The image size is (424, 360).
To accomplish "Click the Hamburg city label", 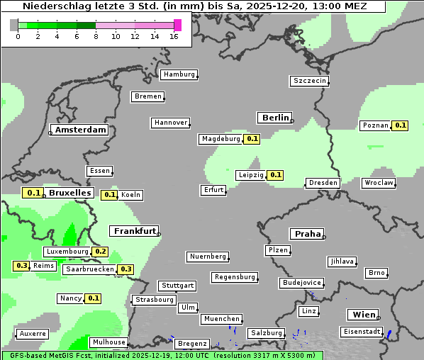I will (x=178, y=74).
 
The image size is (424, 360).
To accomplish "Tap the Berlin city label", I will (x=275, y=118).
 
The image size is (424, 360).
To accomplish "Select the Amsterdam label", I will (x=80, y=130).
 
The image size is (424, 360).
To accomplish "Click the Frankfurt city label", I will (x=135, y=231).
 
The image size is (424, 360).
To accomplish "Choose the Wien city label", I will (x=362, y=315).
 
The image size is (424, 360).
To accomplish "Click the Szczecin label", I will (x=310, y=81).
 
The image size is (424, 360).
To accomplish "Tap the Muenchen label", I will (x=221, y=319).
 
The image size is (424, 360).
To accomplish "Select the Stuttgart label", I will (x=177, y=286).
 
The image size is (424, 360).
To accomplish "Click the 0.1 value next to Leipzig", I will (x=276, y=175).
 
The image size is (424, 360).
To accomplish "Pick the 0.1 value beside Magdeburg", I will (x=252, y=139).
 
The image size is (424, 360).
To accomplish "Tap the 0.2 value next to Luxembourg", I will (x=100, y=252).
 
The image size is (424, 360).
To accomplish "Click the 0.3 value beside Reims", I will (x=21, y=266).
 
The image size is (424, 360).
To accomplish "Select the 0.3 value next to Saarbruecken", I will (x=125, y=269).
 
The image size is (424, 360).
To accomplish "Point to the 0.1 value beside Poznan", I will (x=401, y=125).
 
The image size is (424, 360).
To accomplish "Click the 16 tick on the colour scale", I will (x=174, y=36).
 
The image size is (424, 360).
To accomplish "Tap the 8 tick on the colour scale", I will (x=96, y=36).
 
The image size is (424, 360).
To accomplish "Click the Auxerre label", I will (x=33, y=333).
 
